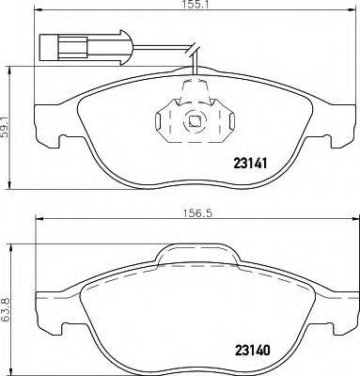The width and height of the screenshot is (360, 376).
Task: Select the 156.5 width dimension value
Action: point(194,212)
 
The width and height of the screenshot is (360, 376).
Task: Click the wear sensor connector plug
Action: point(55,44)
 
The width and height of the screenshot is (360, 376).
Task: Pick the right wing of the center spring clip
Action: point(225,120)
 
